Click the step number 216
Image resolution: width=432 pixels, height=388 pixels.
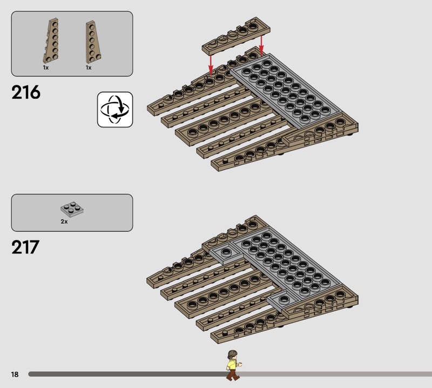[26, 92]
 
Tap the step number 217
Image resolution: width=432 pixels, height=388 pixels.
[25, 247]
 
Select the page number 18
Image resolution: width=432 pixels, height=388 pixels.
[15, 374]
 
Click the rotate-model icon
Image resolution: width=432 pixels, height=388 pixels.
[115, 110]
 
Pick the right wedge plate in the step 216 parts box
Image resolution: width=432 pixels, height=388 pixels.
[92, 42]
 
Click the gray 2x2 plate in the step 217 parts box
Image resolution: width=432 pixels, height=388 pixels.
[72, 209]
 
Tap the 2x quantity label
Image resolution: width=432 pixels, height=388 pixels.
[64, 222]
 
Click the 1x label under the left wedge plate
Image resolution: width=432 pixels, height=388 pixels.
[46, 68]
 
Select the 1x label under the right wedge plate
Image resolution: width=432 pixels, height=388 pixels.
[89, 68]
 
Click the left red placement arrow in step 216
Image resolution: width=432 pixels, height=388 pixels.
[211, 65]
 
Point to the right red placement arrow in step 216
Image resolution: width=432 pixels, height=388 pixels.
[261, 45]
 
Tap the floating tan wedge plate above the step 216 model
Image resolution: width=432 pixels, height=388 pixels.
[236, 36]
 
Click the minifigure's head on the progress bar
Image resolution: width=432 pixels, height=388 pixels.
[233, 354]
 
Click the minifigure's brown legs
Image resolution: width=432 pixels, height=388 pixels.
[233, 375]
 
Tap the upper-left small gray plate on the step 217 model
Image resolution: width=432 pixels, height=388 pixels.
[226, 253]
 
